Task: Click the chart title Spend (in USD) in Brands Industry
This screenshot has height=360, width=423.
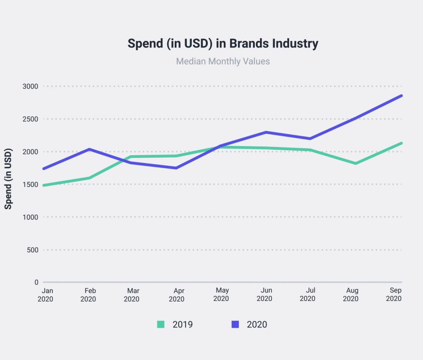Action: pyautogui.click(x=223, y=44)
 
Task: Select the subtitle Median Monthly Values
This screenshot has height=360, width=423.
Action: pyautogui.click(x=223, y=62)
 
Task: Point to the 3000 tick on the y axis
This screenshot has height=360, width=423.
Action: pyautogui.click(x=30, y=86)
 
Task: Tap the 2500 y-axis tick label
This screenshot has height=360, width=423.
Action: pyautogui.click(x=30, y=119)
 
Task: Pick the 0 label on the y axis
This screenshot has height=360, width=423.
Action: pyautogui.click(x=36, y=282)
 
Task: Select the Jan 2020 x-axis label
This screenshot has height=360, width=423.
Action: pyautogui.click(x=45, y=295)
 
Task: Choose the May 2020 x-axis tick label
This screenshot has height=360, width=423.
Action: pyautogui.click(x=221, y=295)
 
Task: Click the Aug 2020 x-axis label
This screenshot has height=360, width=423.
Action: pyautogui.click(x=351, y=295)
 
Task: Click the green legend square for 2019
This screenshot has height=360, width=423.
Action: pyautogui.click(x=161, y=324)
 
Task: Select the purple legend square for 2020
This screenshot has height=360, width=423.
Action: pyautogui.click(x=235, y=324)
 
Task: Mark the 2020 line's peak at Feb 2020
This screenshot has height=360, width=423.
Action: pyautogui.click(x=89, y=149)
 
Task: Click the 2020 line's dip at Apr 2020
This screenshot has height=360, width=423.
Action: pyautogui.click(x=176, y=168)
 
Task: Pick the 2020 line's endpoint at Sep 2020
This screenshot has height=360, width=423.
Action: pyautogui.click(x=402, y=96)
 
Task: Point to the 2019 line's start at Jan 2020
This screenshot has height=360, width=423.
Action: pyautogui.click(x=43, y=185)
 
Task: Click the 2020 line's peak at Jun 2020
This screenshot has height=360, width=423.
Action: pyautogui.click(x=266, y=132)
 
